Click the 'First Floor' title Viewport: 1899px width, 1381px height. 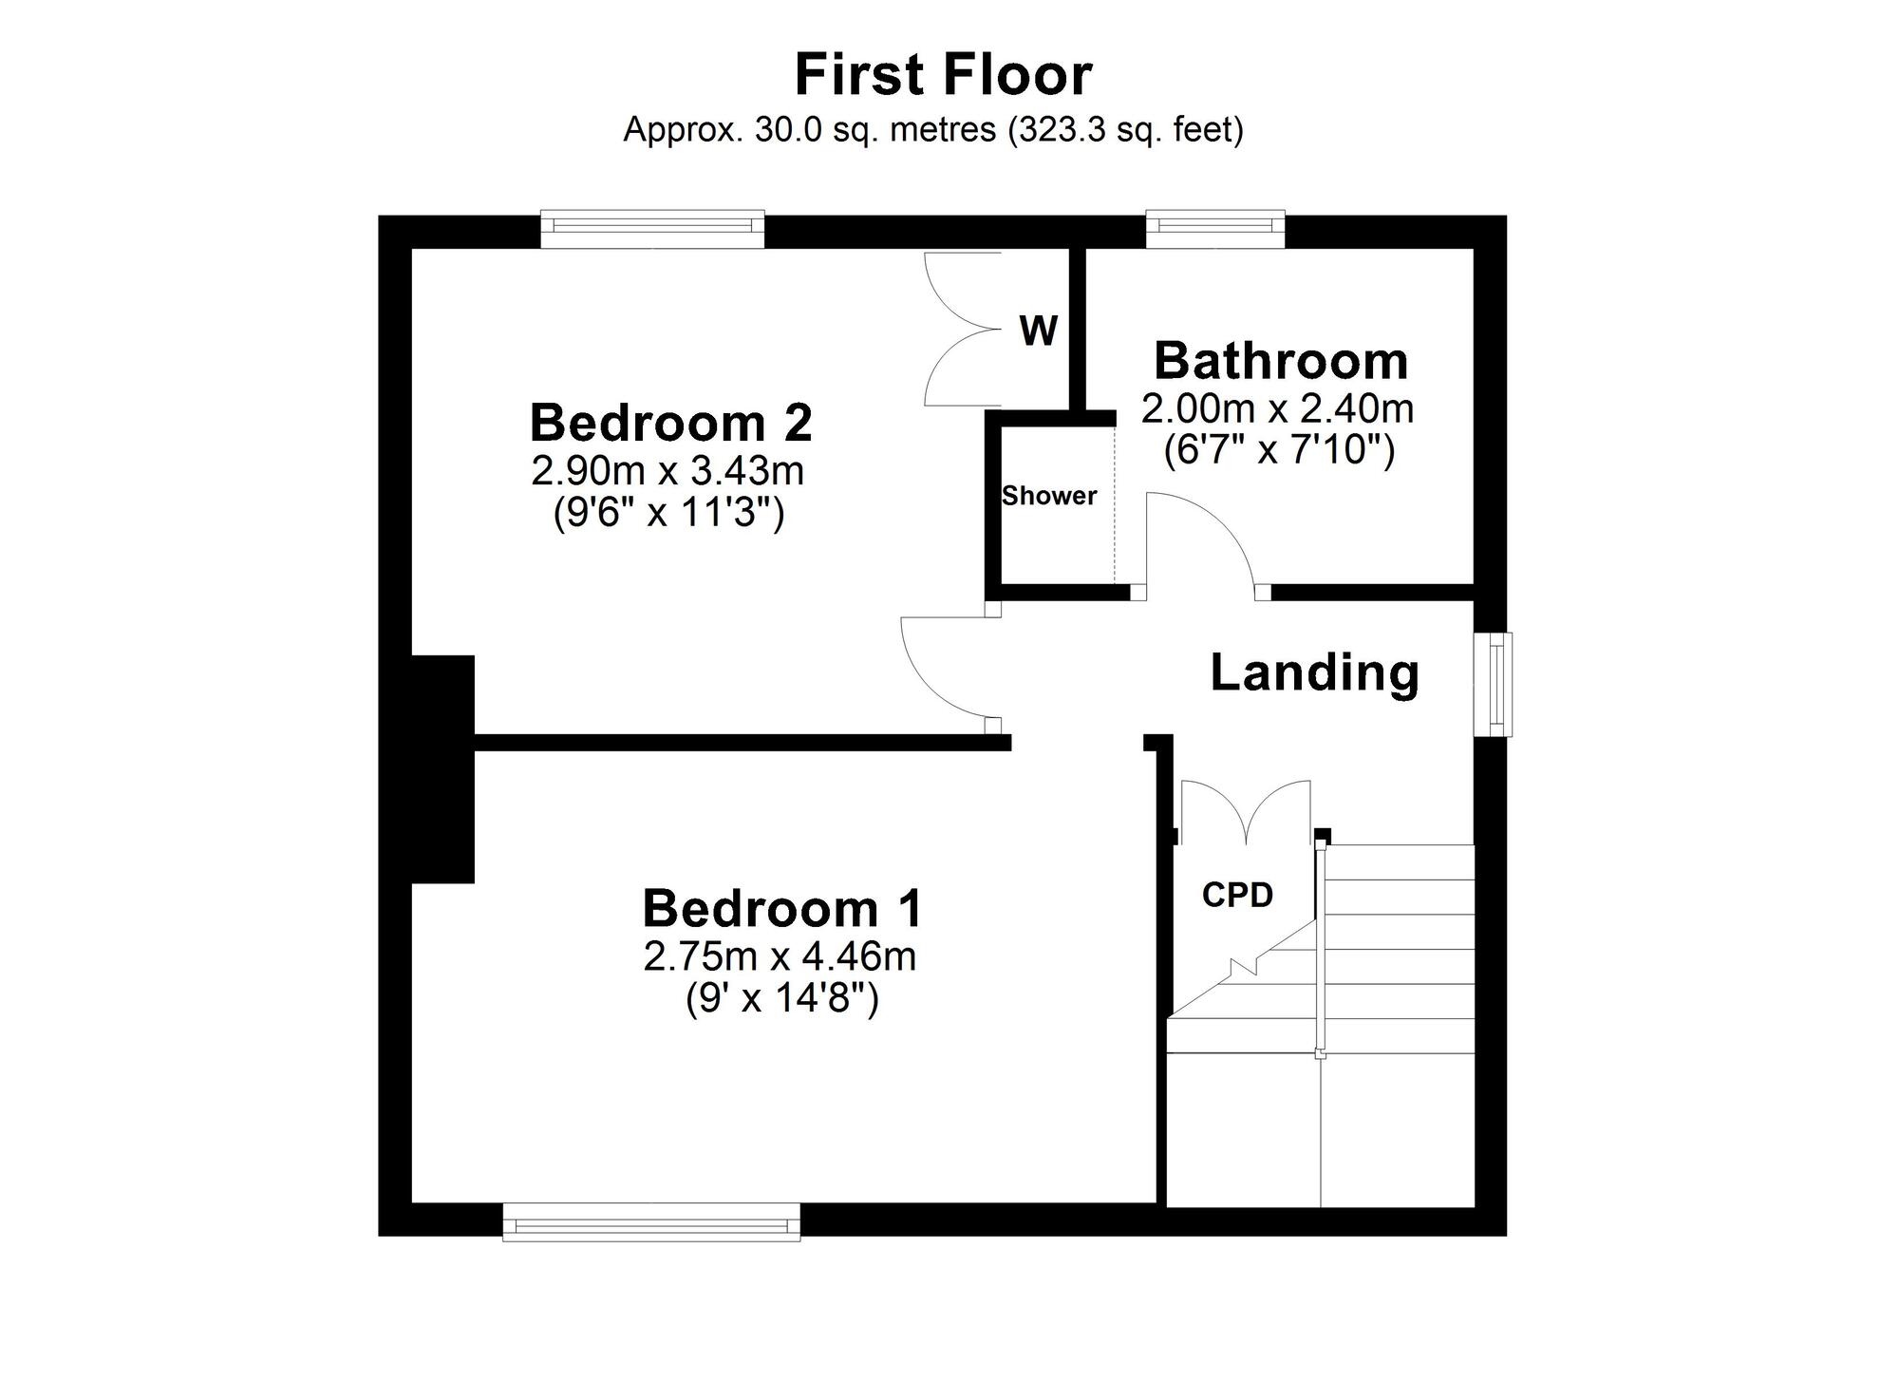tap(943, 75)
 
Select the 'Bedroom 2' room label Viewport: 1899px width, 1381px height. tap(670, 423)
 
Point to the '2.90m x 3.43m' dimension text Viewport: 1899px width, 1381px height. tap(667, 470)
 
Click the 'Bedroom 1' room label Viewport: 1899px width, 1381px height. tap(782, 908)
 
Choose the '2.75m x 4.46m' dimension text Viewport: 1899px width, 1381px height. tap(780, 956)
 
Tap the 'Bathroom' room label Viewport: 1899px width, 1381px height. tap(1281, 361)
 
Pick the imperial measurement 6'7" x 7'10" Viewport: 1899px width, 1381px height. tap(1279, 450)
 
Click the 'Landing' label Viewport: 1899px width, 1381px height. tap(1314, 674)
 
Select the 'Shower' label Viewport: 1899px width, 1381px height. tap(1049, 496)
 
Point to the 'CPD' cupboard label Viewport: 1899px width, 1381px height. tap(1237, 895)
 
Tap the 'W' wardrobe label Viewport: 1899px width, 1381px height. tap(1038, 331)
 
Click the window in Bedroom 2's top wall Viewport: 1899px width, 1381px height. tap(652, 229)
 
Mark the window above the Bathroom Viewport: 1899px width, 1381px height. tap(1215, 229)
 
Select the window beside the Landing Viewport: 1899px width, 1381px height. tap(1493, 684)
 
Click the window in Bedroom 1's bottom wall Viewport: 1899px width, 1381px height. tap(651, 1221)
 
